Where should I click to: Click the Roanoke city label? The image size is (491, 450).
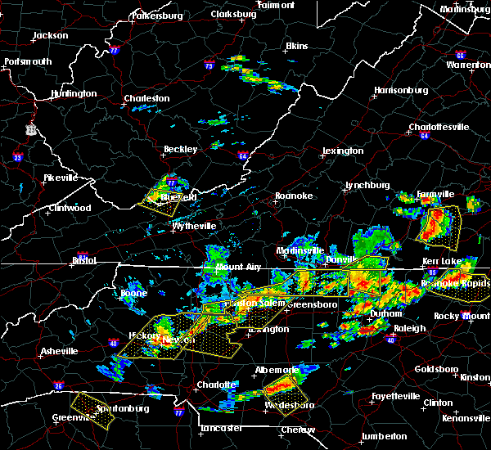(x=293, y=196)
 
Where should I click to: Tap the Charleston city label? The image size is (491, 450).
(x=146, y=99)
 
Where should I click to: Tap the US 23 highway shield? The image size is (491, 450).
(x=30, y=129)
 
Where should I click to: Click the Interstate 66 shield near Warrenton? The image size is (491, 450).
(x=460, y=56)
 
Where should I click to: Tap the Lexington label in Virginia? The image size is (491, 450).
(x=342, y=151)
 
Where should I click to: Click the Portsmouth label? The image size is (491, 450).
(x=28, y=61)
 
